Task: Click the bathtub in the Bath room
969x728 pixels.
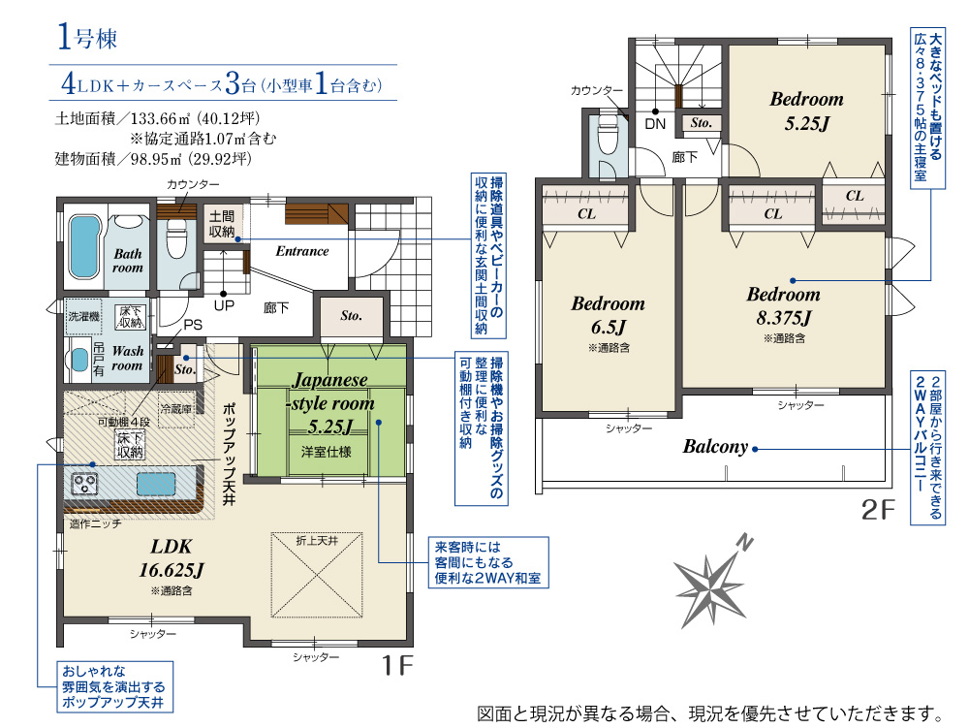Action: [83, 246]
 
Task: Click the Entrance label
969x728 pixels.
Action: [302, 251]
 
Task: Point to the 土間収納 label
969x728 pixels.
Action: [222, 224]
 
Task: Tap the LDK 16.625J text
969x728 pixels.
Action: [172, 558]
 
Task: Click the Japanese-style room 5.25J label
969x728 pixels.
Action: [331, 403]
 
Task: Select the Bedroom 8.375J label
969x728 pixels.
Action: [784, 306]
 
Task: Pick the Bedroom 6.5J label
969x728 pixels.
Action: [609, 315]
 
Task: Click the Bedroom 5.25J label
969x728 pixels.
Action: [806, 111]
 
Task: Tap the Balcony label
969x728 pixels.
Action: [715, 446]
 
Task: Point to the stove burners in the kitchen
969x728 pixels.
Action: [84, 483]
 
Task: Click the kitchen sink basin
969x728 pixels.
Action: [156, 484]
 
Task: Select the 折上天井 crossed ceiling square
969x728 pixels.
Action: [317, 575]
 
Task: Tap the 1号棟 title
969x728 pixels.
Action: [86, 36]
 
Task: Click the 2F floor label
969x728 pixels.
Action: [878, 509]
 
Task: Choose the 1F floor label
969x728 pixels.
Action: [396, 665]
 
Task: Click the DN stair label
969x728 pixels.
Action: [655, 124]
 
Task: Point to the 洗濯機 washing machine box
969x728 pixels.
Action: [83, 316]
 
